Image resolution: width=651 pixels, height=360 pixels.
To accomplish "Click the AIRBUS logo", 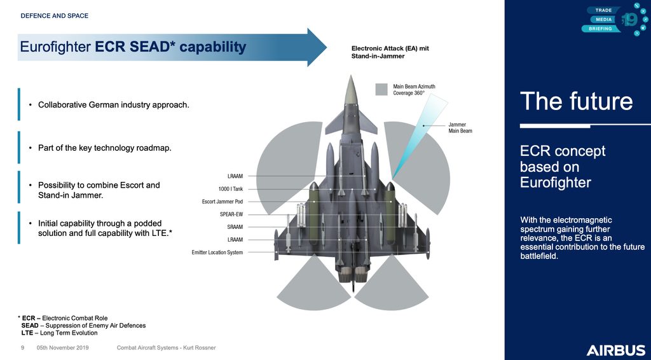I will [x=615, y=350].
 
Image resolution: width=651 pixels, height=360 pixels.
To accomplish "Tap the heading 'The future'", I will [x=576, y=102].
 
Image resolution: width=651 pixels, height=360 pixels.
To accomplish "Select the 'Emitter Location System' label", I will [x=217, y=253].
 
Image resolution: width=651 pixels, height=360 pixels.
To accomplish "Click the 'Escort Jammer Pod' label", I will [x=223, y=201].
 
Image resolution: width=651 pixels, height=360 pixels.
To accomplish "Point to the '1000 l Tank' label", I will [x=231, y=188].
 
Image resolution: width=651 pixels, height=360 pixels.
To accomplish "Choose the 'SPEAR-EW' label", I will [x=231, y=214].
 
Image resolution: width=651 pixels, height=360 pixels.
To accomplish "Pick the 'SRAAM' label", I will [x=235, y=226].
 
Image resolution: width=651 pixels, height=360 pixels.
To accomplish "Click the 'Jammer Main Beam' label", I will [x=460, y=127].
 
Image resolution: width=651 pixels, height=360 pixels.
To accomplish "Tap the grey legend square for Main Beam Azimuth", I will [x=381, y=89].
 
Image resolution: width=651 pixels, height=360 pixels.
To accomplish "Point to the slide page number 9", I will [x=22, y=348].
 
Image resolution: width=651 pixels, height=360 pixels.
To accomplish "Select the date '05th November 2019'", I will [x=62, y=348].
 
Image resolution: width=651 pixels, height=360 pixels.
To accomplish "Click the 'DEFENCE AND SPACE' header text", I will [x=55, y=16].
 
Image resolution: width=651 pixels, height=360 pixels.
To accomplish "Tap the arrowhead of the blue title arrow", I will [x=316, y=47].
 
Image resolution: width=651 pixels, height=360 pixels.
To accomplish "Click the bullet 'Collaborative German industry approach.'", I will [x=114, y=104].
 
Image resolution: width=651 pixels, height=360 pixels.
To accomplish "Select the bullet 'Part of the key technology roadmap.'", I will [x=105, y=148].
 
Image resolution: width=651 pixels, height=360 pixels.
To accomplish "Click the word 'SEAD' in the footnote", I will [x=30, y=326].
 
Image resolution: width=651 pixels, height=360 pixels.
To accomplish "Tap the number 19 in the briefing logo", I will [x=629, y=21].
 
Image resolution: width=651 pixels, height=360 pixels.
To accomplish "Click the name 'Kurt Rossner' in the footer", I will [x=198, y=348].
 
